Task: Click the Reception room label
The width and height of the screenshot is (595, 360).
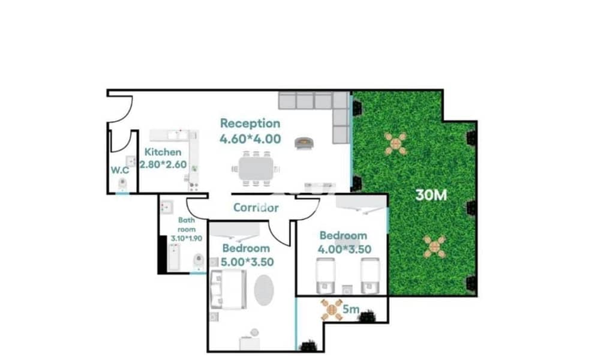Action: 250,124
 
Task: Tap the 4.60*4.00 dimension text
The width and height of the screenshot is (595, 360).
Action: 250,139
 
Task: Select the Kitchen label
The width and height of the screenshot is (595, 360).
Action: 163,152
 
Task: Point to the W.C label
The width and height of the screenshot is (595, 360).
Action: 120,170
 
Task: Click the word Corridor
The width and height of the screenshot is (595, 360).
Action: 256,208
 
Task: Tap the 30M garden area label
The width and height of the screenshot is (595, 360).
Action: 431,195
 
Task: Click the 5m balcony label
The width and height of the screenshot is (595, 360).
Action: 351,310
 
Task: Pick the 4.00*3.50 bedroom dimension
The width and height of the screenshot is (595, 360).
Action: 344,250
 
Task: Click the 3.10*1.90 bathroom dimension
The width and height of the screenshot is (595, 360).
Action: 187,238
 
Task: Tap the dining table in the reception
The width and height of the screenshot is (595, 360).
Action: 256,169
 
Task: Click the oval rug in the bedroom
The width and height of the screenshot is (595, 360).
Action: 264,290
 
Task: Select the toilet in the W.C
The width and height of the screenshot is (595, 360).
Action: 122,184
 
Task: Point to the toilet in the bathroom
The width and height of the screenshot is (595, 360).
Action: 199,261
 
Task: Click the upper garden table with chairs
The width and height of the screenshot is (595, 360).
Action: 396,143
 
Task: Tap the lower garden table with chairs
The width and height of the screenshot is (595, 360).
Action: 435,247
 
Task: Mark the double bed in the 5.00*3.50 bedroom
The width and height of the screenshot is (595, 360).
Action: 229,290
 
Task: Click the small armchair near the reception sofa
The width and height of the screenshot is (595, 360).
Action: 304,143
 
